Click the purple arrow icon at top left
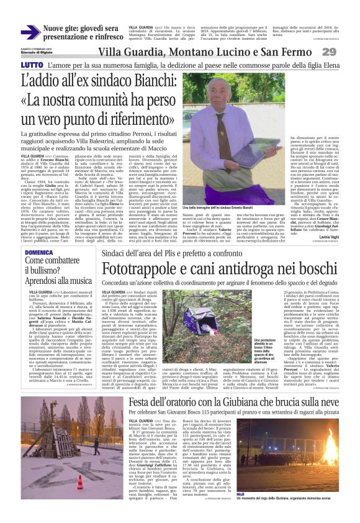(30, 32)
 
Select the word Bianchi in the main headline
(137, 81)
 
